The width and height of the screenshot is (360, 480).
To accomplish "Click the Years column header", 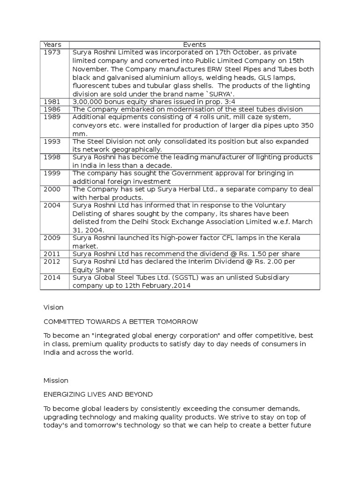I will pos(52,45).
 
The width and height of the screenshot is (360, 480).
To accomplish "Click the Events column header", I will pos(195,45).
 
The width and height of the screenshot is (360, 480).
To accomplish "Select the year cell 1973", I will pos(52,52).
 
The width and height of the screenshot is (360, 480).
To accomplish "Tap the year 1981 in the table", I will pos(52,102).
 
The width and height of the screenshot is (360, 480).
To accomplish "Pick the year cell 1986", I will pos(52,109).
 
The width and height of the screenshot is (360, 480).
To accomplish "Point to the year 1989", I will pos(52,117).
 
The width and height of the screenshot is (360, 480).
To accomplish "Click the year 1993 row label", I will pos(52,142).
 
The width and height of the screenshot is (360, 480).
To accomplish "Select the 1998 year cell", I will pos(52,157).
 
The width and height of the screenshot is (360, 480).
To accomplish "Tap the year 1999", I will pos(52,173).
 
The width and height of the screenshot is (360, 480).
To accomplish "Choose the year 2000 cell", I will pos(52,189).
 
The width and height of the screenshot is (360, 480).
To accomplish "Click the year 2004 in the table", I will pos(52,205).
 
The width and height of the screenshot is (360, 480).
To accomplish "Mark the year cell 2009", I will pos(52,238).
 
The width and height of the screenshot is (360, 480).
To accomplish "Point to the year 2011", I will pos(52,254).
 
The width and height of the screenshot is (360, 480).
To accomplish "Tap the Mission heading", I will pos(56,380).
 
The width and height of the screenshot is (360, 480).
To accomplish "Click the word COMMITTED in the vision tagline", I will pos(64,322).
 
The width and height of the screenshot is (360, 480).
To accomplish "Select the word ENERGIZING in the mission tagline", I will pos(65,394).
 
